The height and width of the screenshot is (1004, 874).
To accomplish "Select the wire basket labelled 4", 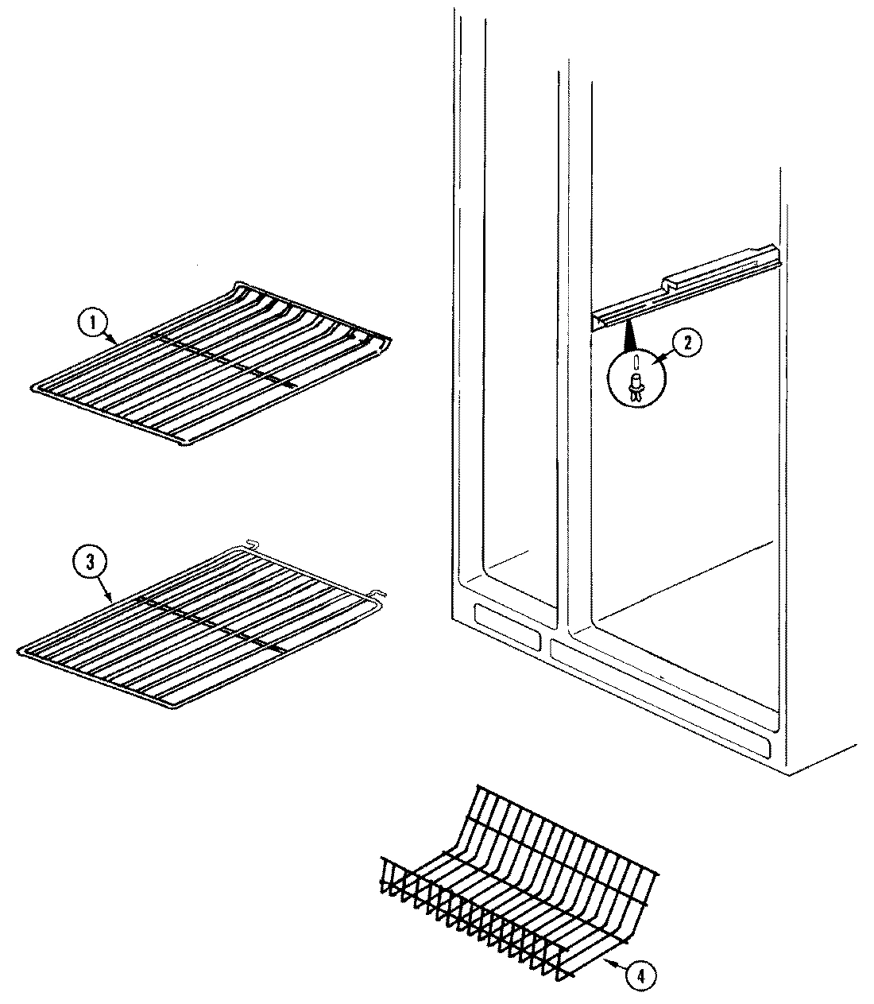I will coord(516,882).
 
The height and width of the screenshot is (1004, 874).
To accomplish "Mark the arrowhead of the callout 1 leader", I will coord(118,342).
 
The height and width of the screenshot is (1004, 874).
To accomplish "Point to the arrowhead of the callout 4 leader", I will coord(605,962).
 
